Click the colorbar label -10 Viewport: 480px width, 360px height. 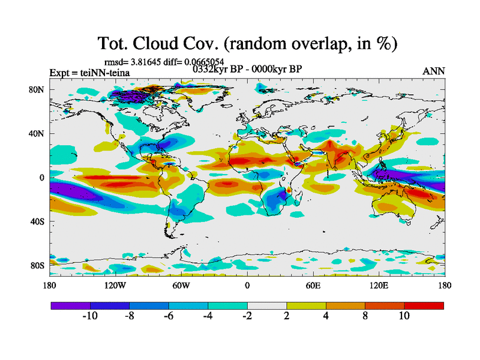tap(89, 316)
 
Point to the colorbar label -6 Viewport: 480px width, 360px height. tap(168, 316)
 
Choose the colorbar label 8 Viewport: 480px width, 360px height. tap(365, 316)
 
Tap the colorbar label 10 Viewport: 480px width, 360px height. tap(404, 316)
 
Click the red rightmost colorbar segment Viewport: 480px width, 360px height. tap(424, 305)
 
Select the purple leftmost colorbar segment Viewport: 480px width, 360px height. tap(71, 305)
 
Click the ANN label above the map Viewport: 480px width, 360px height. tap(434, 71)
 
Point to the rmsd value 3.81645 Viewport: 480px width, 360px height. tap(146, 61)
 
